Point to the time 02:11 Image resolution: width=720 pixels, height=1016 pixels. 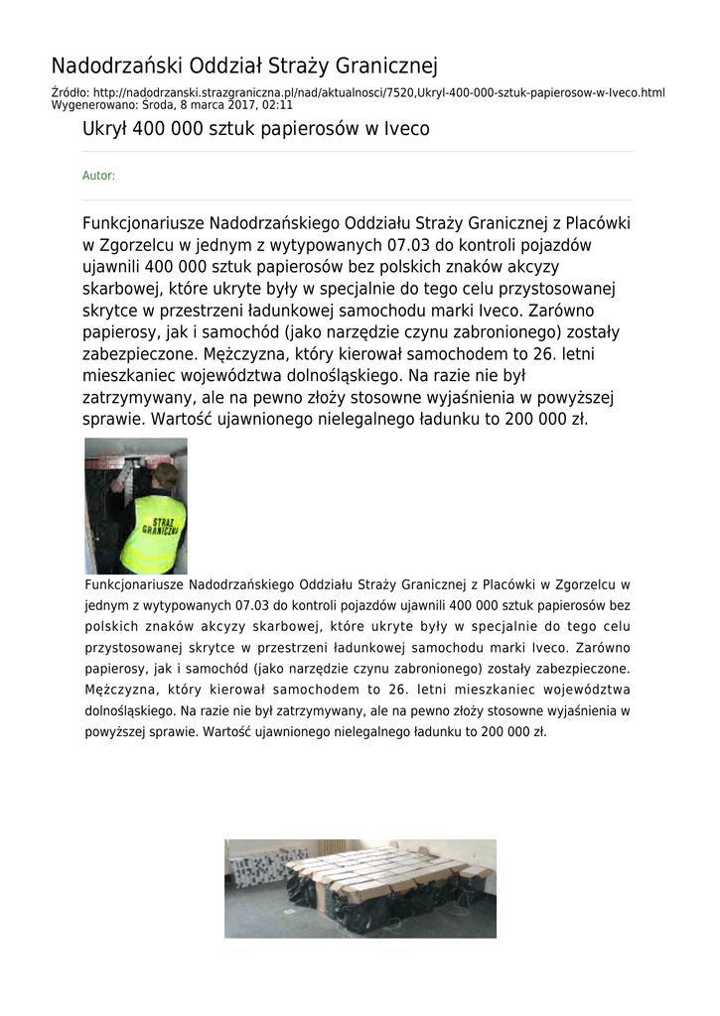point(277,104)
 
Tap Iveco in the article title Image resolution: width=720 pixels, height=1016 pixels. point(407,129)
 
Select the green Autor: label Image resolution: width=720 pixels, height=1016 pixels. point(98,176)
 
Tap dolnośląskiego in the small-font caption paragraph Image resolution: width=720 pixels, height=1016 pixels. point(130,711)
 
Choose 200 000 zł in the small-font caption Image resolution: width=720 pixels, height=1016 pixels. point(513,732)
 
